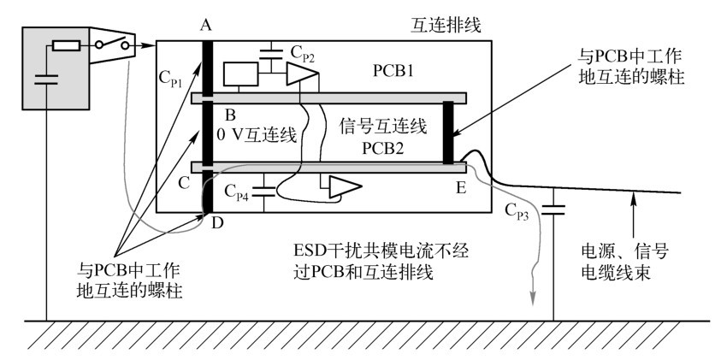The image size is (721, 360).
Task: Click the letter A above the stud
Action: pos(206,27)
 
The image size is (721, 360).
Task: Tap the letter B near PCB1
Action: pos(230,114)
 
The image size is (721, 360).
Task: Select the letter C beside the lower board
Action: pos(184,184)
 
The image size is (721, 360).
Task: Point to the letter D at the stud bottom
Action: pos(218,224)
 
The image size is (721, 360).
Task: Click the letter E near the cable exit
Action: pos(461,187)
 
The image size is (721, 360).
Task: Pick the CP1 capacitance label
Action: pos(170,78)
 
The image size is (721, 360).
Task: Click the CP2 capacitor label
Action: pos(302,54)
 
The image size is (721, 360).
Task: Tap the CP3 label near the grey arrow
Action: pos(517,210)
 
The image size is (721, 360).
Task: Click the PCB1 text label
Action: pos(393,71)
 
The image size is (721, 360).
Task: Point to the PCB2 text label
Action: pos(383,148)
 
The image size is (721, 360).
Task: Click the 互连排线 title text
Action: pos(446,26)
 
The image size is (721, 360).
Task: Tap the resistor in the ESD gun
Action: pos(67,45)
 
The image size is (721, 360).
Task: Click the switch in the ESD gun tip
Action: pos(112,44)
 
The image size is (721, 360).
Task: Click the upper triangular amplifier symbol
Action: pos(302,74)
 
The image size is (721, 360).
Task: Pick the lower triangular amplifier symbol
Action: pos(345,187)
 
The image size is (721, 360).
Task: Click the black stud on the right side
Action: pos(448,133)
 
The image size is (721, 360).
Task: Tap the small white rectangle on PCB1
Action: pos(240,74)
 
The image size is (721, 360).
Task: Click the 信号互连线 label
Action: pos(383,126)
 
